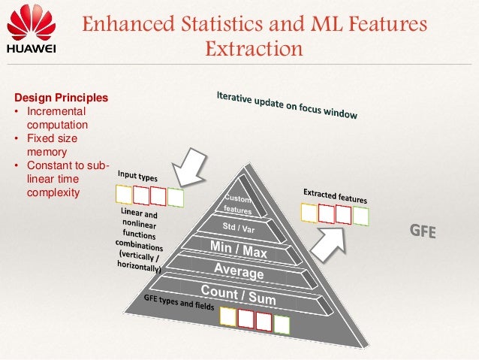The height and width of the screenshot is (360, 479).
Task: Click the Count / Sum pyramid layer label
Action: [238, 295]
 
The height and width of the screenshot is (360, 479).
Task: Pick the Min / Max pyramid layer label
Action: [239, 250]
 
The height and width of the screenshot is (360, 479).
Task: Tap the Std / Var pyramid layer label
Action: [239, 227]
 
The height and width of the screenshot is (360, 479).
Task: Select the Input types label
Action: [137, 177]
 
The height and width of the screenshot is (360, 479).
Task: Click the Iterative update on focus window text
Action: [287, 106]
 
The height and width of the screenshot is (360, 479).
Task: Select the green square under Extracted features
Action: [361, 216]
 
